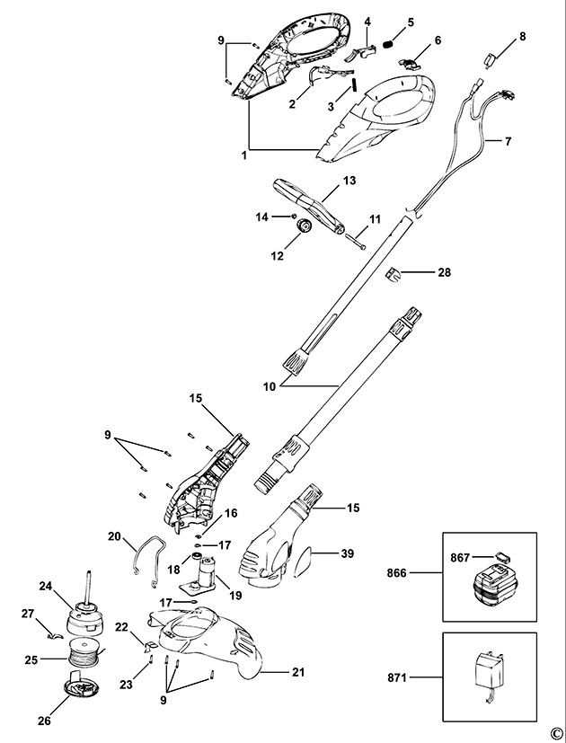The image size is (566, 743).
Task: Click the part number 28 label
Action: pyautogui.click(x=444, y=272)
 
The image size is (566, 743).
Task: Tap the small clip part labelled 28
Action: pyautogui.click(x=392, y=274)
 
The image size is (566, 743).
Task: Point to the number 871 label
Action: pyautogui.click(x=397, y=677)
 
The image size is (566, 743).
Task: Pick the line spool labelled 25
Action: pyautogui.click(x=86, y=652)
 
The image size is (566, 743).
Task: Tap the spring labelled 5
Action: pyautogui.click(x=389, y=45)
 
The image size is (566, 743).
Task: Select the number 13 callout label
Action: pyautogui.click(x=349, y=181)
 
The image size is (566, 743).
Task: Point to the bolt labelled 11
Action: pyautogui.click(x=356, y=241)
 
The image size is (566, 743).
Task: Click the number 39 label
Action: pyautogui.click(x=348, y=553)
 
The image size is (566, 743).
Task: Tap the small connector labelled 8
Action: pyautogui.click(x=490, y=59)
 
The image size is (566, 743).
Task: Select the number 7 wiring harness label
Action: pyautogui.click(x=508, y=142)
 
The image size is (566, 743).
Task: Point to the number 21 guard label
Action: pyautogui.click(x=298, y=672)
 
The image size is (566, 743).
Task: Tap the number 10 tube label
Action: pyautogui.click(x=270, y=386)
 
